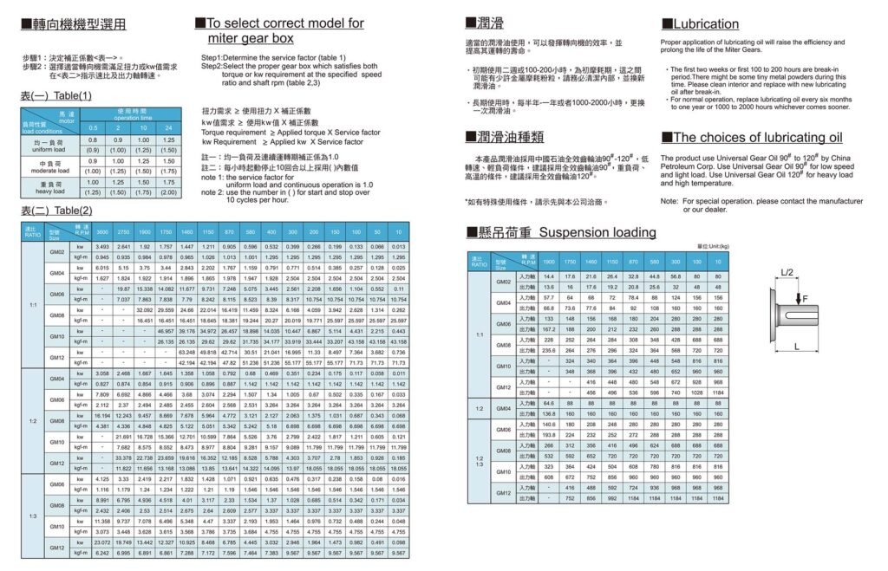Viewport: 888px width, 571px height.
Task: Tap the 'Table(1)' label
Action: point(72,95)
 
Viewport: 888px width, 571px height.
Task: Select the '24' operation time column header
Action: point(168,127)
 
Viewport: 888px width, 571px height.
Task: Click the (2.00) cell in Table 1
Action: point(168,191)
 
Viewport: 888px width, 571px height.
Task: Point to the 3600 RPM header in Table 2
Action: point(101,233)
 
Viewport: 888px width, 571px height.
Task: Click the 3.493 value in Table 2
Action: point(101,248)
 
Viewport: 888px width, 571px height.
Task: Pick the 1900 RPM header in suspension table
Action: point(548,261)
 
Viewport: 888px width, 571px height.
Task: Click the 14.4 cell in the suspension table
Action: point(548,276)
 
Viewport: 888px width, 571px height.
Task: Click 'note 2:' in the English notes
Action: point(212,191)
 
